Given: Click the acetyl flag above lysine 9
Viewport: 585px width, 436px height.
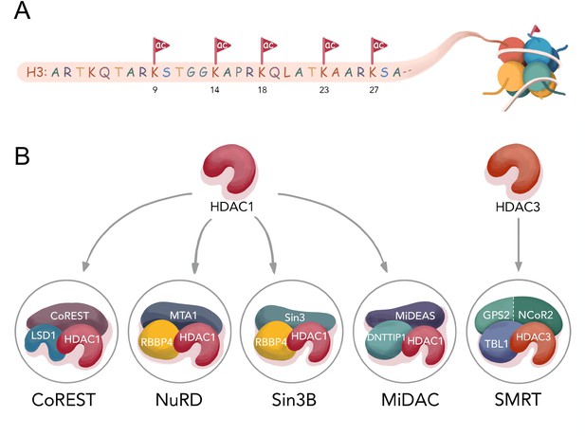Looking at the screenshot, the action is pyautogui.click(x=160, y=45).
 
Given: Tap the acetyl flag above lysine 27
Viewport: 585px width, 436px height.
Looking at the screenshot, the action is pyautogui.click(x=378, y=45).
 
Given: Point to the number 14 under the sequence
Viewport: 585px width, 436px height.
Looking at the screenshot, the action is pyautogui.click(x=214, y=89).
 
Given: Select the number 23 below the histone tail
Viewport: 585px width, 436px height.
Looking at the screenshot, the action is pyautogui.click(x=324, y=89).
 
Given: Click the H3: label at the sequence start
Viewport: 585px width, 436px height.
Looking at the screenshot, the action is pyautogui.click(x=36, y=72).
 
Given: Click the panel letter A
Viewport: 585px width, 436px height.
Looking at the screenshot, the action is pyautogui.click(x=22, y=10).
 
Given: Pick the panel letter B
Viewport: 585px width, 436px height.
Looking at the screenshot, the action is pyautogui.click(x=22, y=155).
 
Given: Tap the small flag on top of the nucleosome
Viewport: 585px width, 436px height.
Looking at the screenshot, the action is pyautogui.click(x=535, y=29).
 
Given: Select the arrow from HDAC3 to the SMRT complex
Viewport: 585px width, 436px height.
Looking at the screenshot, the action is pyautogui.click(x=519, y=245).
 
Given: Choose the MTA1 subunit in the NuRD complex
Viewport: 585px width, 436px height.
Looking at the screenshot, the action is pyautogui.click(x=182, y=316).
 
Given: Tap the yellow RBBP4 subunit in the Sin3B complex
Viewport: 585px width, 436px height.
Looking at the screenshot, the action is pyautogui.click(x=271, y=341).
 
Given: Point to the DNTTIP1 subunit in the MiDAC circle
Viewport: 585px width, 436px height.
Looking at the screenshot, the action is pyautogui.click(x=386, y=338).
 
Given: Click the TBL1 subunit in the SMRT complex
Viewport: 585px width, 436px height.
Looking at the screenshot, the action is pyautogui.click(x=497, y=343).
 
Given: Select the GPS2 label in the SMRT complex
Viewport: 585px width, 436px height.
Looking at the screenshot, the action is pyautogui.click(x=496, y=316).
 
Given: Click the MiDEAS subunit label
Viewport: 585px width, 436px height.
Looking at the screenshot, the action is pyautogui.click(x=415, y=316).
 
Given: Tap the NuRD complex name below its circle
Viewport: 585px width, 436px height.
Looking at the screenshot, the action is pyautogui.click(x=178, y=400).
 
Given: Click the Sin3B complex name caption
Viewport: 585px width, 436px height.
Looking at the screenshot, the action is pyautogui.click(x=294, y=400).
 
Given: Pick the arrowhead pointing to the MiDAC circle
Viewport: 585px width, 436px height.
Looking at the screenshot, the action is pyautogui.click(x=384, y=267).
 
